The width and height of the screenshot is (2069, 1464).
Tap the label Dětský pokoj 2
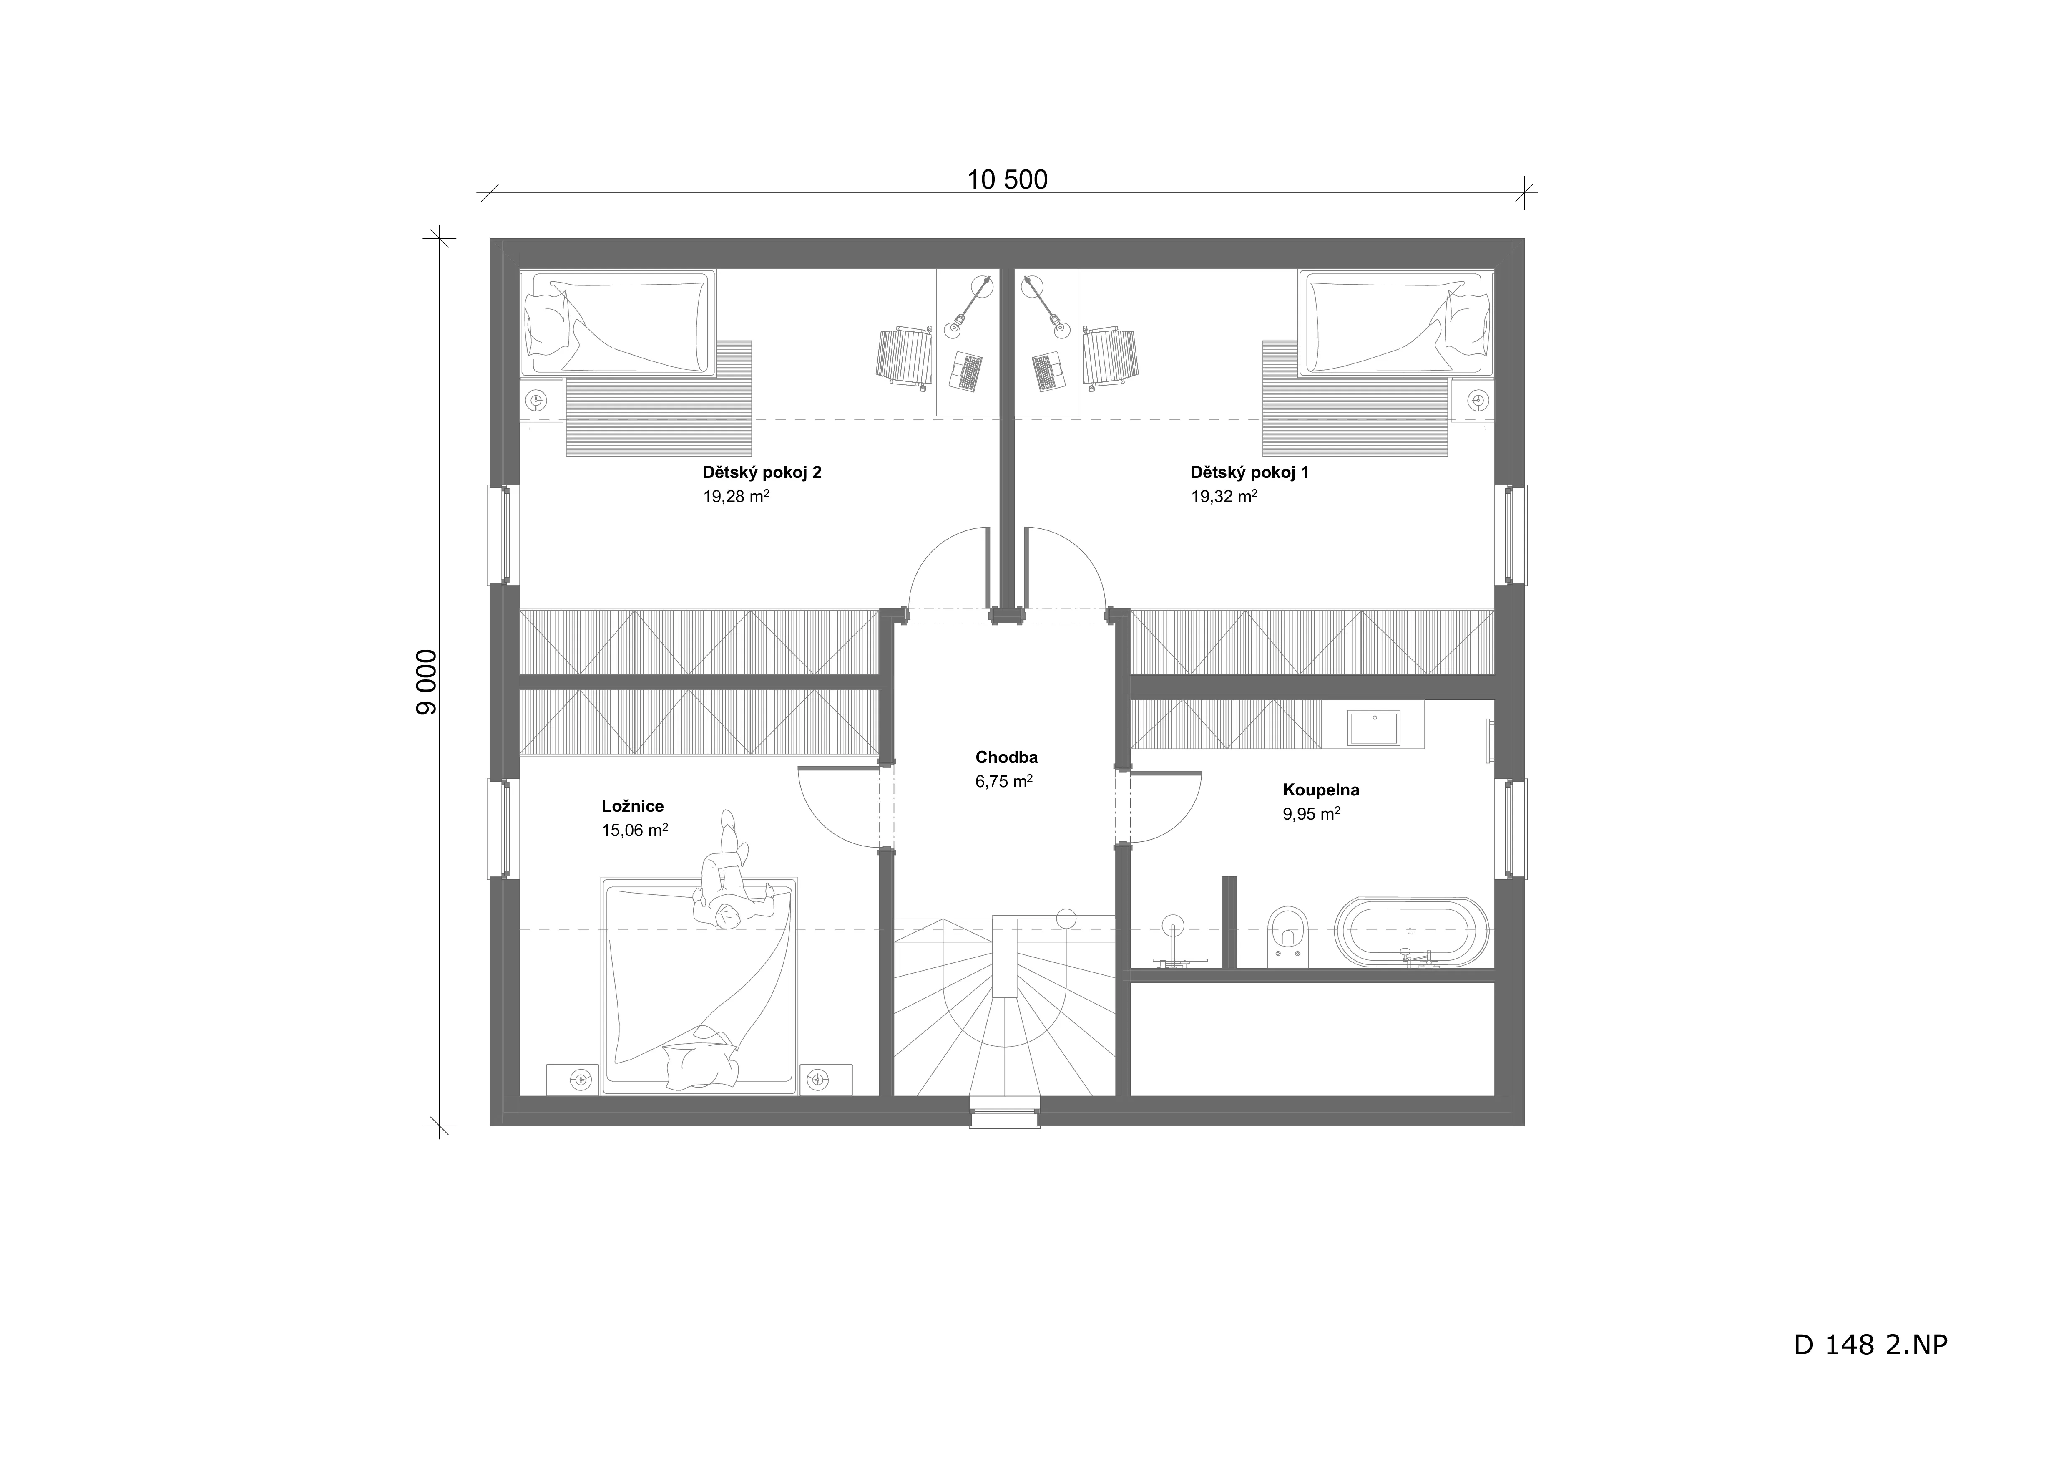(762, 472)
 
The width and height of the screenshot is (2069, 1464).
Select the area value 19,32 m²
(1224, 496)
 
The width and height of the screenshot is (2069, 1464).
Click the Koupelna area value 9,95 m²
(1311, 814)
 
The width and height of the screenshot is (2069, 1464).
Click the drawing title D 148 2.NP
(1870, 1370)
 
